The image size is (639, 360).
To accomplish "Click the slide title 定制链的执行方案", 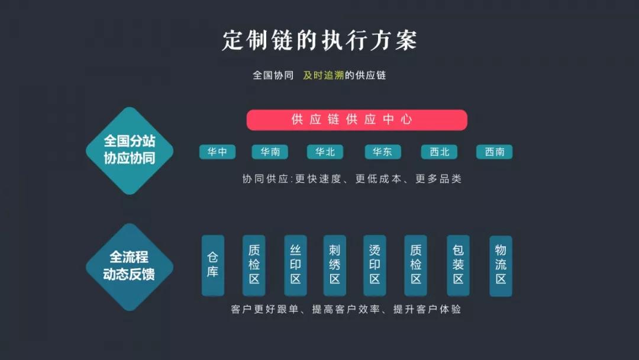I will click(319, 40).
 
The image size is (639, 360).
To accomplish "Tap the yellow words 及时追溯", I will click(323, 76).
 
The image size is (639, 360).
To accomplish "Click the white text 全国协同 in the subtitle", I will click(273, 76).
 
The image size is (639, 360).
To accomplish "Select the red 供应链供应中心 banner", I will click(357, 120).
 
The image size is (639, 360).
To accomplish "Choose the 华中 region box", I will click(217, 152).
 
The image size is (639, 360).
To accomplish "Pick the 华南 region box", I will click(270, 152).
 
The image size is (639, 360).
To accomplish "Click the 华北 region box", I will click(325, 152).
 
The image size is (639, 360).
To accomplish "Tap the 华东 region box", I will click(382, 152).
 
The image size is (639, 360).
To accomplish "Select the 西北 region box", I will click(439, 152).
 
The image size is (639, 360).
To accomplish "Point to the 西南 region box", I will click(494, 152).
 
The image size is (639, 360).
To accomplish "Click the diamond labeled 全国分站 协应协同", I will click(129, 150).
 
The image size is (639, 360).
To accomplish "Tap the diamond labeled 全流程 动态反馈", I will click(129, 266).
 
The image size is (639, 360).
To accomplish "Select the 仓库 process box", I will click(213, 265).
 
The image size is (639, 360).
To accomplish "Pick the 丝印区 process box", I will click(295, 265).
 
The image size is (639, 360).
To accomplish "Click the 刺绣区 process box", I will click(335, 265).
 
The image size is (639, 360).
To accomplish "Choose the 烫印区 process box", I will click(375, 265).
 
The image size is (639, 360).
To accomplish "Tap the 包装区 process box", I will click(458, 265).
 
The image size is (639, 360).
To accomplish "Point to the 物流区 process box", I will click(501, 265).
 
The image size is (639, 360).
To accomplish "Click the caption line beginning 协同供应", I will click(351, 179).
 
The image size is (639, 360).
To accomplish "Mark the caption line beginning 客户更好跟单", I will click(346, 309).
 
